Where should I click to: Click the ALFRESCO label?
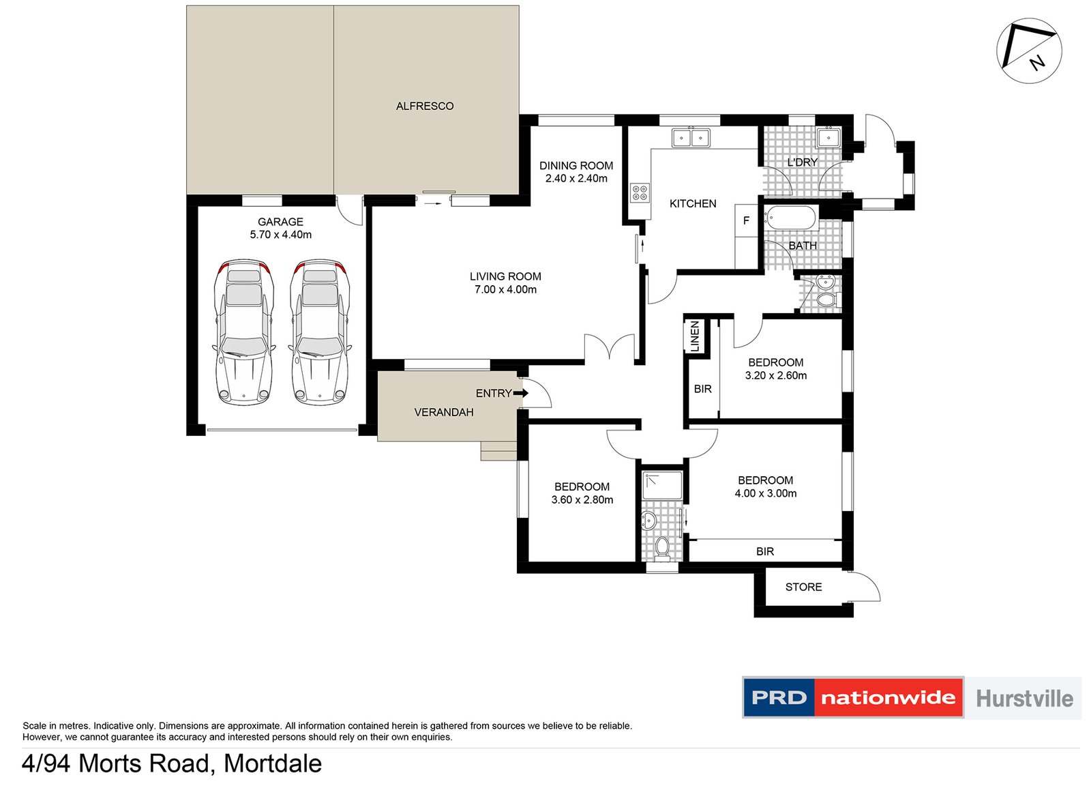click(x=425, y=106)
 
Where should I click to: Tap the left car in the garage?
click(x=244, y=332)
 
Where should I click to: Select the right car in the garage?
click(x=320, y=332)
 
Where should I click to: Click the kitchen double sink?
click(x=691, y=137)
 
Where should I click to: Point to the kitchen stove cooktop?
click(x=640, y=192)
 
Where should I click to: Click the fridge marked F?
click(x=746, y=221)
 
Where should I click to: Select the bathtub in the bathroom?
click(x=790, y=218)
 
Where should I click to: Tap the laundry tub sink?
click(x=828, y=137)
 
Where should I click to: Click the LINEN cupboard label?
click(x=695, y=336)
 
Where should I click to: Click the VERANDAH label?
click(x=444, y=412)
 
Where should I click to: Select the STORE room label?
click(x=804, y=587)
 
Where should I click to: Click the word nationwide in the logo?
click(x=888, y=698)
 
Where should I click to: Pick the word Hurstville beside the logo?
click(x=1025, y=698)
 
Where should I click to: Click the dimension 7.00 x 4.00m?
click(x=505, y=289)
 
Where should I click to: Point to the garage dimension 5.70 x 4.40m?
click(x=280, y=235)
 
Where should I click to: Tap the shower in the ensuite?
click(x=662, y=485)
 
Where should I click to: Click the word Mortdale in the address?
click(x=273, y=763)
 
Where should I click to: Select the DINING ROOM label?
click(x=576, y=166)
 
